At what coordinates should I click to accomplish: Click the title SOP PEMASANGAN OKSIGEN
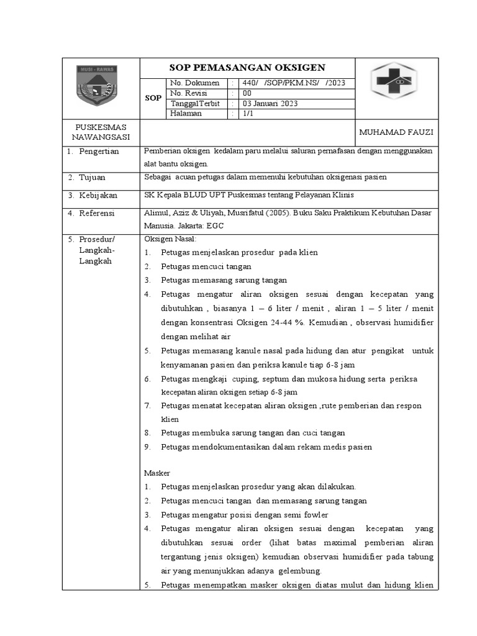[247, 68]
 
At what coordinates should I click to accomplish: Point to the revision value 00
[247, 93]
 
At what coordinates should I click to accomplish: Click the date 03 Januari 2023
[270, 104]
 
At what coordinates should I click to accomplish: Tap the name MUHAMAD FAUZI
[396, 132]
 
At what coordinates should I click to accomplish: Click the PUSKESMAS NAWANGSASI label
[100, 132]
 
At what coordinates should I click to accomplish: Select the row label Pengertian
[98, 152]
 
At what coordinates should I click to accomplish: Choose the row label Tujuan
[93, 178]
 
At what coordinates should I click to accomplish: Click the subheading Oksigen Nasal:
[170, 239]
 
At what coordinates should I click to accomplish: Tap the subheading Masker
[157, 473]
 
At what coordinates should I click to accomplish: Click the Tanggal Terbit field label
[196, 104]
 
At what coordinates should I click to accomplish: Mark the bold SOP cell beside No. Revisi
[153, 98]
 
